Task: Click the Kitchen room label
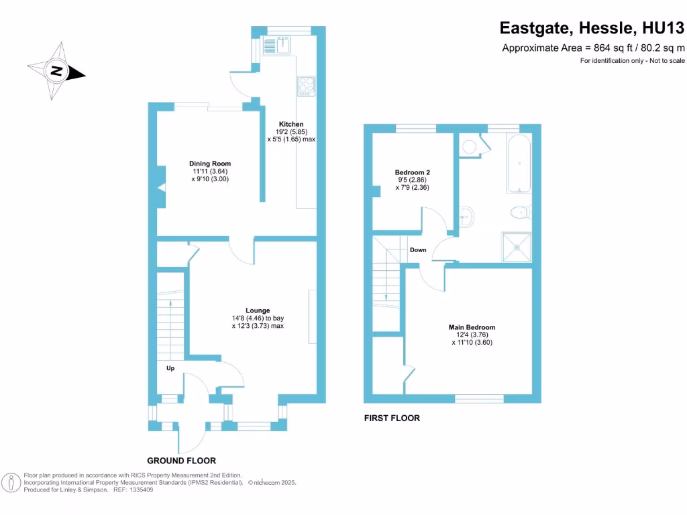pyautogui.click(x=291, y=124)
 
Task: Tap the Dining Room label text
pyautogui.click(x=210, y=164)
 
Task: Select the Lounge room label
pyautogui.click(x=258, y=310)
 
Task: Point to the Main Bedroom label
pyautogui.click(x=472, y=327)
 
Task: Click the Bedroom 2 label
pyautogui.click(x=412, y=172)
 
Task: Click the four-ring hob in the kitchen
pyautogui.click(x=306, y=85)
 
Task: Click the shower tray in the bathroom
pyautogui.click(x=517, y=246)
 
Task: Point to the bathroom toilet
pyautogui.click(x=519, y=213)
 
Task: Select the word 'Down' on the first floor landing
pyautogui.click(x=417, y=249)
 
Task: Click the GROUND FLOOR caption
pyautogui.click(x=181, y=461)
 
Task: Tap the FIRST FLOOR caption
pyautogui.click(x=392, y=418)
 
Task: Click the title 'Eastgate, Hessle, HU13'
pyautogui.click(x=592, y=28)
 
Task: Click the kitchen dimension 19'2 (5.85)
pyautogui.click(x=291, y=132)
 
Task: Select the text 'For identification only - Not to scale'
pyautogui.click(x=632, y=61)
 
